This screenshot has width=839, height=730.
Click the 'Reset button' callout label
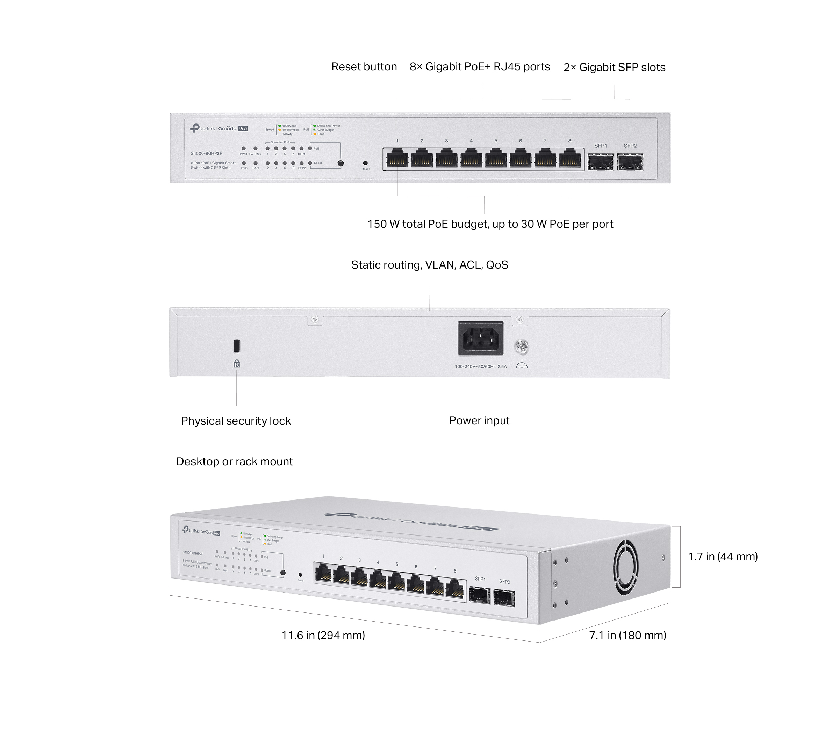click(x=364, y=67)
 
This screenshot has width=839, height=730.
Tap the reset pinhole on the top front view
click(x=365, y=163)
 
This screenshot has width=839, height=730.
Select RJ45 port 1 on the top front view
click(x=397, y=158)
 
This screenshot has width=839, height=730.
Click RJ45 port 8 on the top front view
click(x=569, y=158)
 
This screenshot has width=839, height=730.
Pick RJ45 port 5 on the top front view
click(x=496, y=158)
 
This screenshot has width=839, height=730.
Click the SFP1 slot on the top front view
click(x=601, y=162)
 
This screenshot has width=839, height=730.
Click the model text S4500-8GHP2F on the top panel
click(x=206, y=154)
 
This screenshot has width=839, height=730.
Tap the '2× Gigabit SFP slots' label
click(x=614, y=67)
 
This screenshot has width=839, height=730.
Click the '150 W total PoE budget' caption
click(x=490, y=224)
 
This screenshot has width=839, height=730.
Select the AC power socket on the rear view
click(x=480, y=339)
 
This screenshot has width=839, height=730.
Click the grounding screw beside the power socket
click(x=522, y=347)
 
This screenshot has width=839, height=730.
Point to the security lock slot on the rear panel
click(x=237, y=346)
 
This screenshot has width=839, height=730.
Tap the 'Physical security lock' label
click(x=236, y=421)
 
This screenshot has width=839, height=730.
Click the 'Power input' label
click(x=479, y=420)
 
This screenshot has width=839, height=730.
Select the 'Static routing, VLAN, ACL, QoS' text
click(x=430, y=265)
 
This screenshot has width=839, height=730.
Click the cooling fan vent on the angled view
click(x=626, y=567)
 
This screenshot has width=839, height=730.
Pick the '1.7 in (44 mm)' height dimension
click(x=723, y=557)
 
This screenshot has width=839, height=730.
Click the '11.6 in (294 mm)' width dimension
click(x=323, y=635)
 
